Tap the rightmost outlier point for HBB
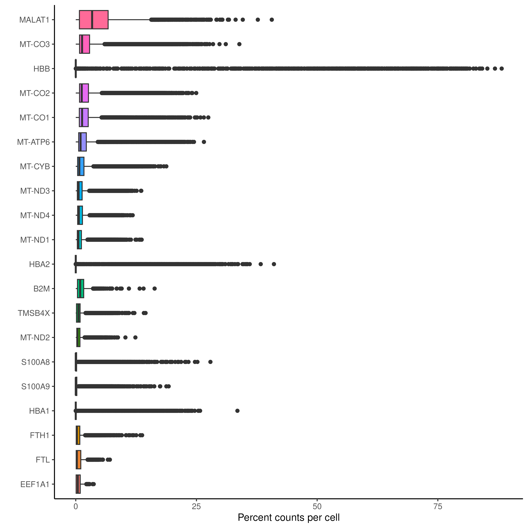pos(501,69)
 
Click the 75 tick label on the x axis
pos(438,507)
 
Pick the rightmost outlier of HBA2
pos(274,264)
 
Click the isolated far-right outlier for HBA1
pos(237,411)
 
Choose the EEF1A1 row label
pos(35,485)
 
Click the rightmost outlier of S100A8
pos(210,362)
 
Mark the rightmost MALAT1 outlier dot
pos(272,20)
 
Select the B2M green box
pos(81,289)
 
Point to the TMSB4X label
pos(34,313)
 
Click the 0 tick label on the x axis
pos(76,507)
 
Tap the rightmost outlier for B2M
pos(154,289)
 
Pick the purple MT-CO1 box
pos(84,117)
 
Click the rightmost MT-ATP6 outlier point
pos(204,142)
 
